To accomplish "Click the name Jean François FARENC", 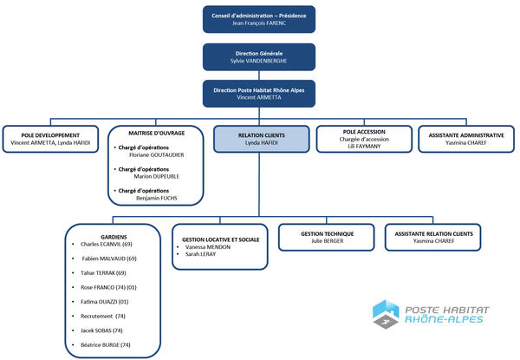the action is click(x=258, y=23).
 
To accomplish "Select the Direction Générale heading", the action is click(x=259, y=54).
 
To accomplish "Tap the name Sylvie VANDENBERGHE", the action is click(x=258, y=61).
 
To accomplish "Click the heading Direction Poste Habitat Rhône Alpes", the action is click(x=259, y=90).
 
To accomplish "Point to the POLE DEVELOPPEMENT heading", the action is click(x=50, y=135).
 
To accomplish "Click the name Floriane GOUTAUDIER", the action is click(x=157, y=155).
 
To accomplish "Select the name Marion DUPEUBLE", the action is click(x=157, y=176).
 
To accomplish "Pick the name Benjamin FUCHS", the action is click(x=157, y=198).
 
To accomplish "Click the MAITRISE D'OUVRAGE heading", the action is click(x=157, y=133).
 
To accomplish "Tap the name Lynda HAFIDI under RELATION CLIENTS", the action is click(x=262, y=142).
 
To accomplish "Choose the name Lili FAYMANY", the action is click(x=364, y=146).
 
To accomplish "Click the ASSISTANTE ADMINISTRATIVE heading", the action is click(x=466, y=135).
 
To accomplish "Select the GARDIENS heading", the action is click(x=114, y=237).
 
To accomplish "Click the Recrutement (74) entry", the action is click(x=103, y=317).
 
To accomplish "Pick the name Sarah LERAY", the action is click(x=201, y=254).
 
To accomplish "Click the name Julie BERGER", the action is click(x=328, y=241).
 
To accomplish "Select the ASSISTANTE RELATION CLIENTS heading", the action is click(x=434, y=234).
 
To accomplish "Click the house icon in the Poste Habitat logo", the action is click(x=386, y=313).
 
